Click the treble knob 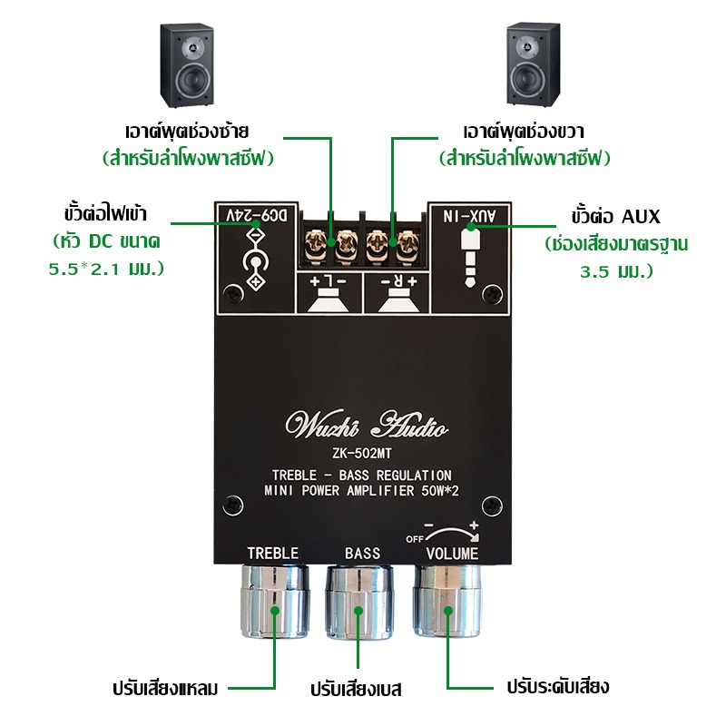275,601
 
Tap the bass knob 359,602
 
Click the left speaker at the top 187,64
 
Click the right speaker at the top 534,64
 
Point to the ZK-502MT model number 362,453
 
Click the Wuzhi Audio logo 367,424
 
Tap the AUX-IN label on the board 469,216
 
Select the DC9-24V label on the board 257,215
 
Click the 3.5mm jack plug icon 470,258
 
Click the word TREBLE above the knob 273,554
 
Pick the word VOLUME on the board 452,554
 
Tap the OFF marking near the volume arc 415,539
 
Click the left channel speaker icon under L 329,300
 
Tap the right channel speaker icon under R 398,300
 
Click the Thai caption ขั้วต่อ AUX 615,217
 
